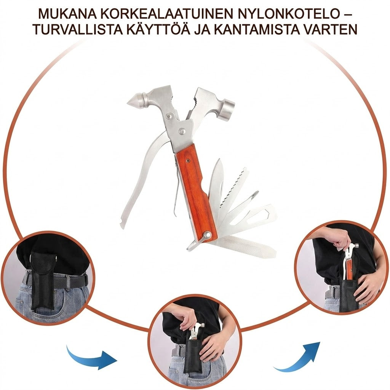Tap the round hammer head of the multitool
(x=227, y=110)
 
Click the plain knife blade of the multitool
(x=214, y=187)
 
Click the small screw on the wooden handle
(x=189, y=161)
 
